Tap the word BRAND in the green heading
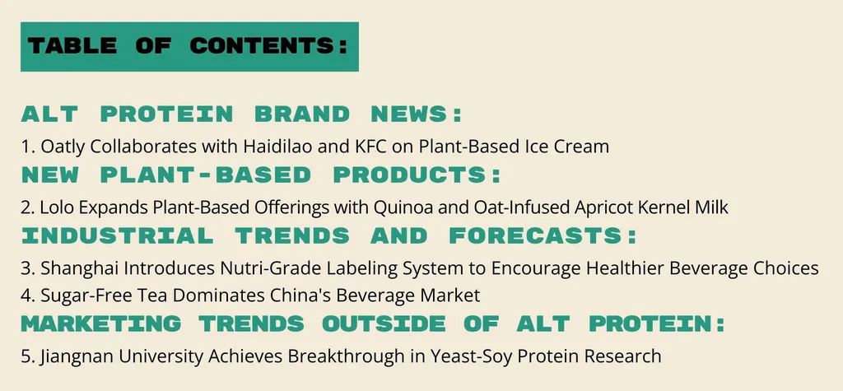pos(302,114)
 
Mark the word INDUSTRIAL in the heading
pos(118,235)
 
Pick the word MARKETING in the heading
pos(101,324)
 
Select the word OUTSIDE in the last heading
pos(384,324)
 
